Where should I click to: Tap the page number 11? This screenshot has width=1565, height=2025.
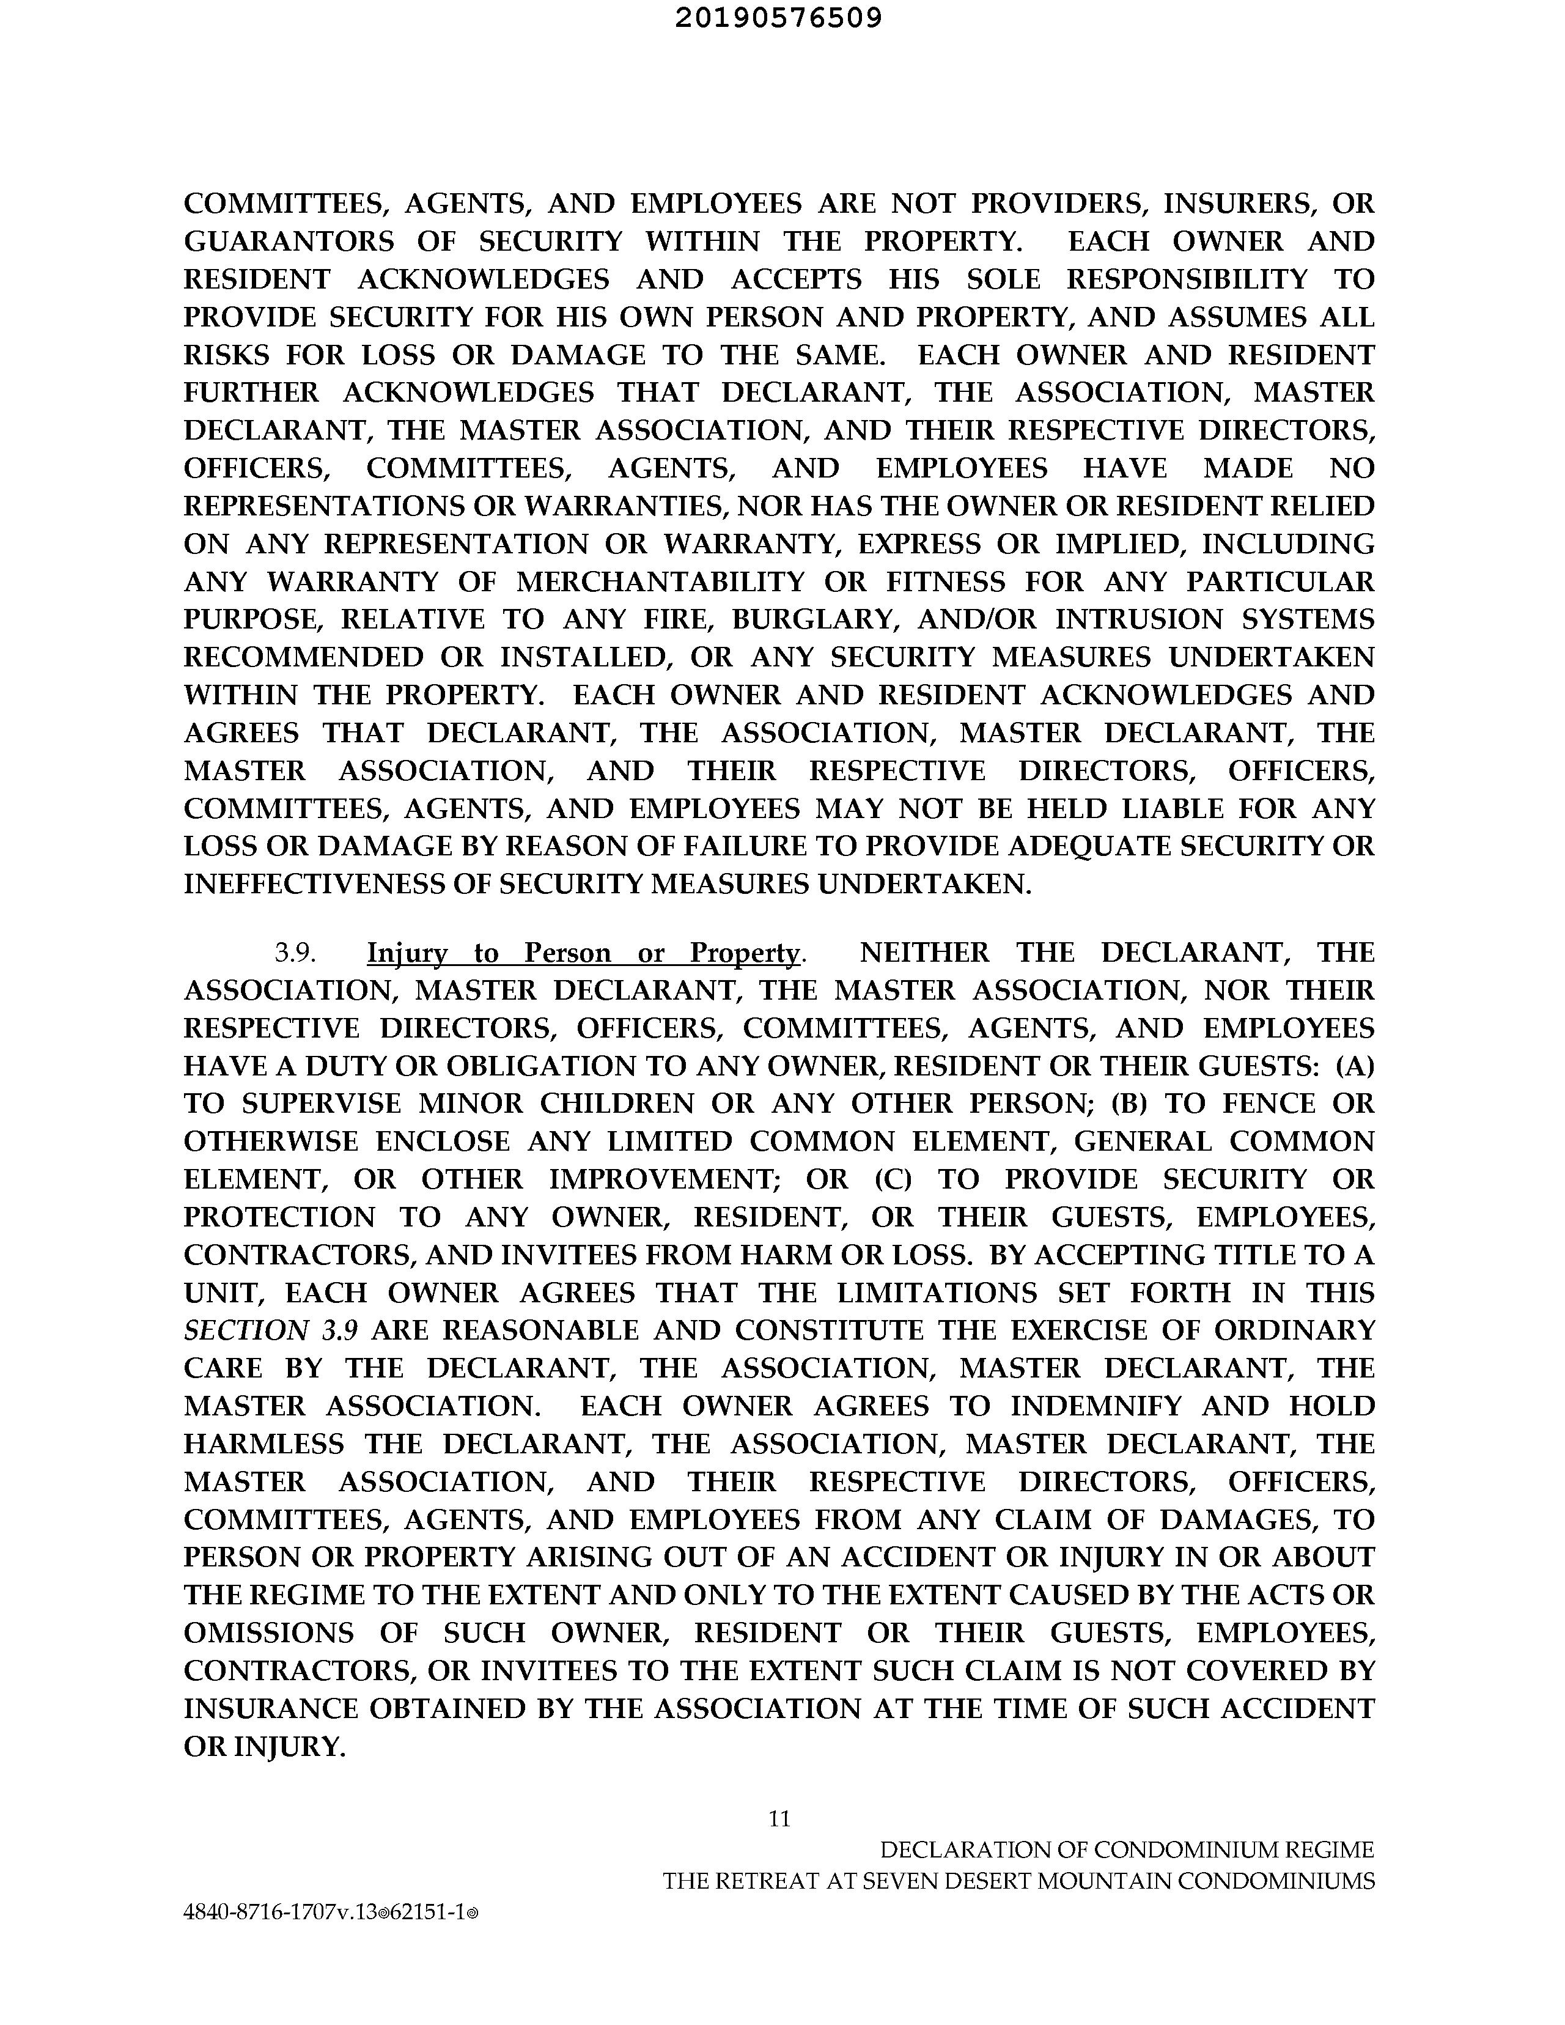tap(779, 1819)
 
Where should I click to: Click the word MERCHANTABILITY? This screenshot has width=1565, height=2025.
tap(660, 582)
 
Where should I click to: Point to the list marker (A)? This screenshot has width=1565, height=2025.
tap(1355, 1066)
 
